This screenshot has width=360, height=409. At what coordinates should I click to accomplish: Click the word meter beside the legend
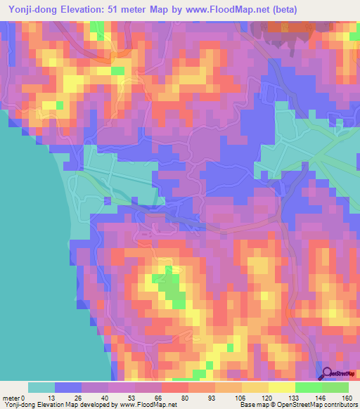tap(11, 397)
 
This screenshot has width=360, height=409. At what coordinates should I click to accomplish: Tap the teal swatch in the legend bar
tap(41, 387)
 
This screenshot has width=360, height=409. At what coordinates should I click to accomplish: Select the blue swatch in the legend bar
tap(68, 387)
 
